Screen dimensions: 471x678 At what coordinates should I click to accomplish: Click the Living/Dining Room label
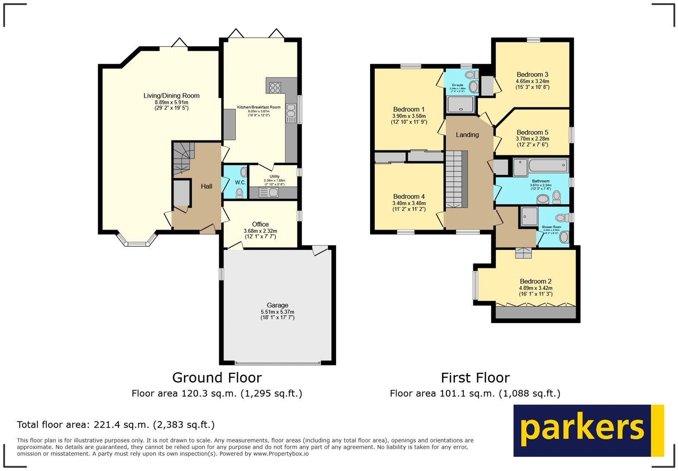click(171, 96)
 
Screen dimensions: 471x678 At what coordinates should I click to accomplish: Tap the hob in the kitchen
click(275, 88)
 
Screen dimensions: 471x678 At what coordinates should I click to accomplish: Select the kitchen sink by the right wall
click(291, 113)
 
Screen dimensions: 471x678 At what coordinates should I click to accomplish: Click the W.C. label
click(240, 182)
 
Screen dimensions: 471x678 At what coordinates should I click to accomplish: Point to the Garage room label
click(277, 305)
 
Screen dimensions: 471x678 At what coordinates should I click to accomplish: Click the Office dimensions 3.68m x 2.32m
click(260, 231)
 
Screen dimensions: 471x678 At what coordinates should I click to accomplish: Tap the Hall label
click(206, 186)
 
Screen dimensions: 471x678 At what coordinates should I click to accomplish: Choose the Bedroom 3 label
click(532, 74)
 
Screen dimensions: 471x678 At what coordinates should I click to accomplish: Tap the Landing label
click(467, 135)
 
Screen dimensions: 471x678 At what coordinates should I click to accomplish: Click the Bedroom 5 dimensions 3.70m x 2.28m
click(532, 139)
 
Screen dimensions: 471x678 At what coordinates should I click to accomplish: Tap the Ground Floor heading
click(217, 377)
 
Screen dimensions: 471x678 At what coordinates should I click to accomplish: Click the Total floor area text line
click(115, 425)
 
